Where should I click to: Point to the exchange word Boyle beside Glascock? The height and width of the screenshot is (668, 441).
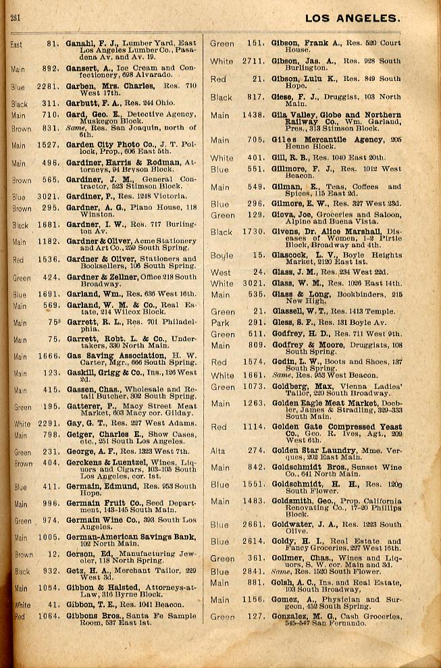[x=222, y=255]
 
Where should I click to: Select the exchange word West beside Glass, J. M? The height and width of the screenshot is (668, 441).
[x=221, y=272]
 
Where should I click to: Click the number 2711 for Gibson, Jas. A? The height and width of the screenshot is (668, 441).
[x=251, y=61]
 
